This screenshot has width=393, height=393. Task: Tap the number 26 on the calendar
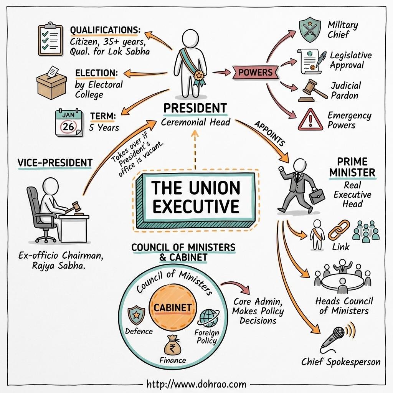(68, 126)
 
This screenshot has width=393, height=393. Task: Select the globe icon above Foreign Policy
(209, 317)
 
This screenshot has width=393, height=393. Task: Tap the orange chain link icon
(339, 230)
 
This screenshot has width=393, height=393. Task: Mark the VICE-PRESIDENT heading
(55, 162)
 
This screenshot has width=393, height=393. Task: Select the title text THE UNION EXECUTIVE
(196, 197)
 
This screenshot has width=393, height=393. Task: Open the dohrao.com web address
(196, 383)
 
